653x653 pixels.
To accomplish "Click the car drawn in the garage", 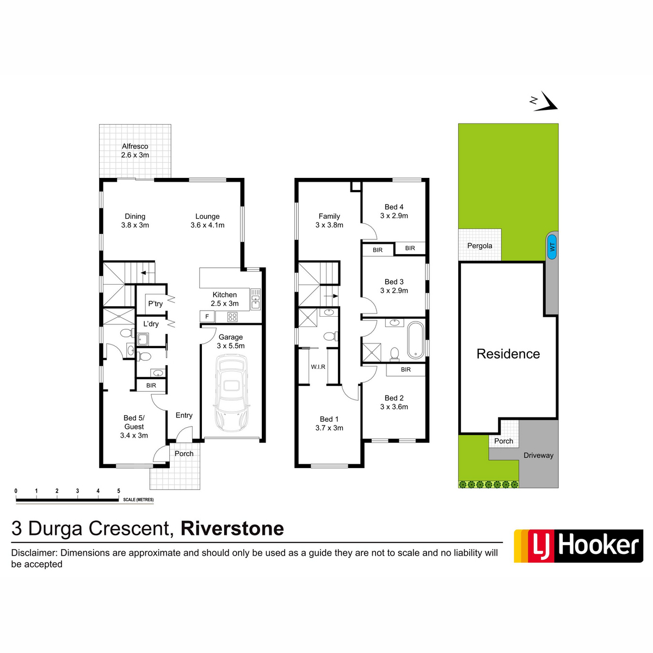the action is pyautogui.click(x=231, y=393).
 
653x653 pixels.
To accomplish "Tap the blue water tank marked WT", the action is pyautogui.click(x=552, y=247).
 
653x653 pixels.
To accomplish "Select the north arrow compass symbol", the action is pyautogui.click(x=544, y=101).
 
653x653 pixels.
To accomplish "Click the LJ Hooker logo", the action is pyautogui.click(x=578, y=546).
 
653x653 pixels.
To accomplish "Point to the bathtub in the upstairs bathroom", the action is pyautogui.click(x=416, y=340).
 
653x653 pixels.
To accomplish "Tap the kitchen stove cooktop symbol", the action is pyautogui.click(x=232, y=317).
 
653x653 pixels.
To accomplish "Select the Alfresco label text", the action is pyautogui.click(x=135, y=146).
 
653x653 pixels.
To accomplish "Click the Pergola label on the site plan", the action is pyautogui.click(x=479, y=245).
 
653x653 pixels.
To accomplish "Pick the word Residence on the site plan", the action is pyautogui.click(x=508, y=354).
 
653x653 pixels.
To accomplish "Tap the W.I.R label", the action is pyautogui.click(x=318, y=367).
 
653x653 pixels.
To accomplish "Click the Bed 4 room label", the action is pyautogui.click(x=394, y=207).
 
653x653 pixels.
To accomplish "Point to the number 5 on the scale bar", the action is pyautogui.click(x=119, y=491).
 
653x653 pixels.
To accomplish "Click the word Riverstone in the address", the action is pyautogui.click(x=232, y=528).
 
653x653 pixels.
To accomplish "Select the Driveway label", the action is pyautogui.click(x=538, y=455).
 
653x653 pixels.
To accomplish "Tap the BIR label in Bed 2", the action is pyautogui.click(x=405, y=369).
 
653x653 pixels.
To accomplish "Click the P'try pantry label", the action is pyautogui.click(x=156, y=304).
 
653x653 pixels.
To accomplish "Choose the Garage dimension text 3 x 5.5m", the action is pyautogui.click(x=231, y=346).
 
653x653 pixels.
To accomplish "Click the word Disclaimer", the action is pyautogui.click(x=34, y=553).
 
